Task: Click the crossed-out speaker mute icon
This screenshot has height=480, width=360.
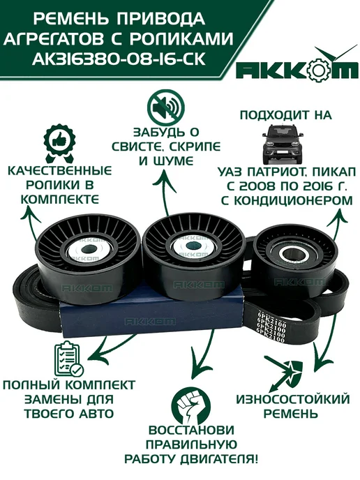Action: click(166, 106)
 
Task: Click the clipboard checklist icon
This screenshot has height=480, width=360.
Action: click(68, 359)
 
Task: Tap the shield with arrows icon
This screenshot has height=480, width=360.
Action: click(285, 370)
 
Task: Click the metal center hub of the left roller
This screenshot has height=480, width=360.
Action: click(89, 250)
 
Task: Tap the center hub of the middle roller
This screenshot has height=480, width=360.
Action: click(192, 247)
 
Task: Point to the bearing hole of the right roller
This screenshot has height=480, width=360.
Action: click(295, 254)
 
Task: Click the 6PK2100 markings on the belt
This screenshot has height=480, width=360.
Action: click(271, 327)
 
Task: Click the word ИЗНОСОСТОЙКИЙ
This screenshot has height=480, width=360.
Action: click(293, 399)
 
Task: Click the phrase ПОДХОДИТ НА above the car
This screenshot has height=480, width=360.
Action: click(286, 115)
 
